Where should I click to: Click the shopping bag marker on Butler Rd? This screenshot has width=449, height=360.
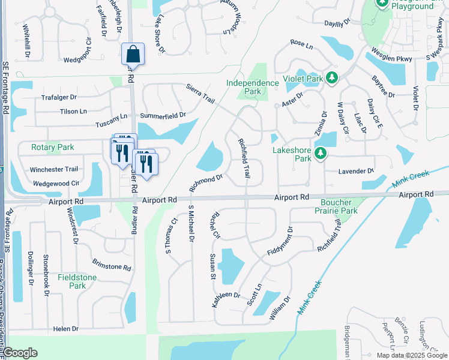pos(133,54)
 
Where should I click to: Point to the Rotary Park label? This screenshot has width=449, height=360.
pos(53,147)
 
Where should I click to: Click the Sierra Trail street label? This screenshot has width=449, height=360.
pos(200,94)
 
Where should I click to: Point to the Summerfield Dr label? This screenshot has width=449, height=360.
pos(163,115)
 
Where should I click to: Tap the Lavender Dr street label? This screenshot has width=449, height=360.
pos(356,171)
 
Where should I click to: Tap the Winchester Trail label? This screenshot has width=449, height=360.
pos(55,169)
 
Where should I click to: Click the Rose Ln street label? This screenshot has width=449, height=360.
pos(301,44)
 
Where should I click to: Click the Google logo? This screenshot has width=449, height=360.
pos(20,353)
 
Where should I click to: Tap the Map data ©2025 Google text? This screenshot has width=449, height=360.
pos(411,355)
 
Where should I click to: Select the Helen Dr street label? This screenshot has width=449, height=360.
pos(66,329)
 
